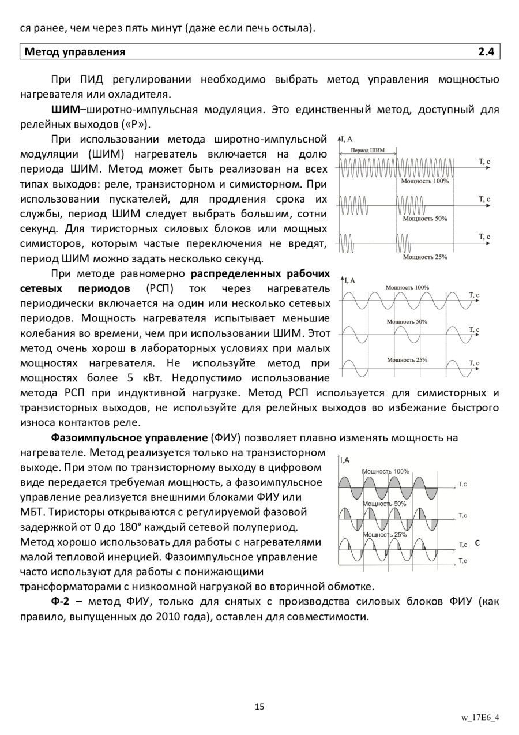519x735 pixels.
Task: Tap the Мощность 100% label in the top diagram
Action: [x=425, y=181]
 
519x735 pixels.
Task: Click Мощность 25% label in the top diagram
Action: [x=425, y=257]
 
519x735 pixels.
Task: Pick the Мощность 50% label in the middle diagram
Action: [x=407, y=321]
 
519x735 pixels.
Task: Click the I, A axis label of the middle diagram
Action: [x=350, y=280]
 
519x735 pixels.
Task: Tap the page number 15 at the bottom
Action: [x=259, y=707]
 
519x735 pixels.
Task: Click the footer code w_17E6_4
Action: [x=480, y=718]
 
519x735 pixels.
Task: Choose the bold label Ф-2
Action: [x=61, y=602]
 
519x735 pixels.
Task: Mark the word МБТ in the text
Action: [x=32, y=512]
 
